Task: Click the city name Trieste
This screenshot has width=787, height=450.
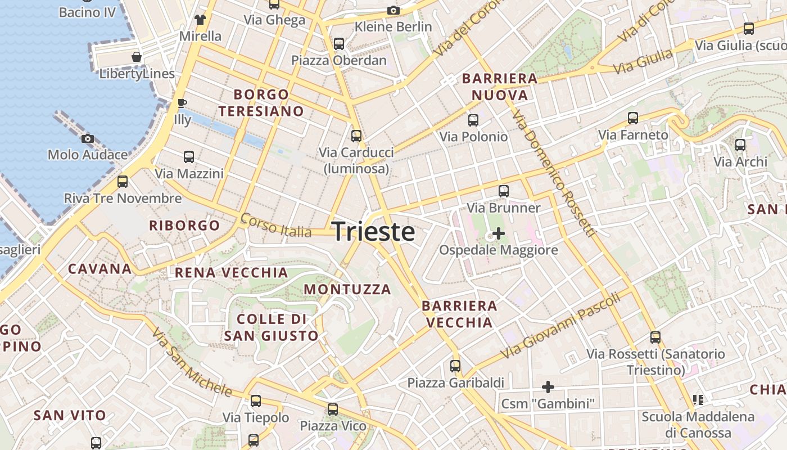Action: tap(374, 232)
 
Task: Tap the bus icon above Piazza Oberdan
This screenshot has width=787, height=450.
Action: tap(339, 43)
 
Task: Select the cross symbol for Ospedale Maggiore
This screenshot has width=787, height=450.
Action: tap(499, 233)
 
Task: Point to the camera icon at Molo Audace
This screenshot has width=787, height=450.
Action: tap(87, 138)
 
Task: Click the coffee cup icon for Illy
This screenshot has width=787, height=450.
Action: tap(182, 103)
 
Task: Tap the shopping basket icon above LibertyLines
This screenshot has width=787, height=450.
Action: tap(137, 57)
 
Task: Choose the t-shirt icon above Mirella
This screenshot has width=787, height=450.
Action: tap(200, 20)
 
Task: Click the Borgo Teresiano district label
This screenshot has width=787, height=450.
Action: tap(261, 103)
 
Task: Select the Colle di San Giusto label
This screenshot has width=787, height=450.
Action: tap(272, 327)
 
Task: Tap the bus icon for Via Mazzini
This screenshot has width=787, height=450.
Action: tap(189, 157)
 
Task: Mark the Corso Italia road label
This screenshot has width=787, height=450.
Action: tap(275, 225)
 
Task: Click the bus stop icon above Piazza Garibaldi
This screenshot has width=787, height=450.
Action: tap(455, 366)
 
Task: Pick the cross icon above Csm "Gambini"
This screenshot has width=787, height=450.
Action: tap(548, 387)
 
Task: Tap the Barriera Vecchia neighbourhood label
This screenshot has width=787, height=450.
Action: tap(459, 314)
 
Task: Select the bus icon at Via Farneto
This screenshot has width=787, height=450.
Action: tap(633, 118)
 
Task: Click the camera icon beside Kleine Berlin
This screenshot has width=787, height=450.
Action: tap(393, 10)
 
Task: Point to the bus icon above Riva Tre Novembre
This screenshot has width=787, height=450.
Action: tap(123, 182)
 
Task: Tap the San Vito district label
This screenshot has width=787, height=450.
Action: tap(70, 416)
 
